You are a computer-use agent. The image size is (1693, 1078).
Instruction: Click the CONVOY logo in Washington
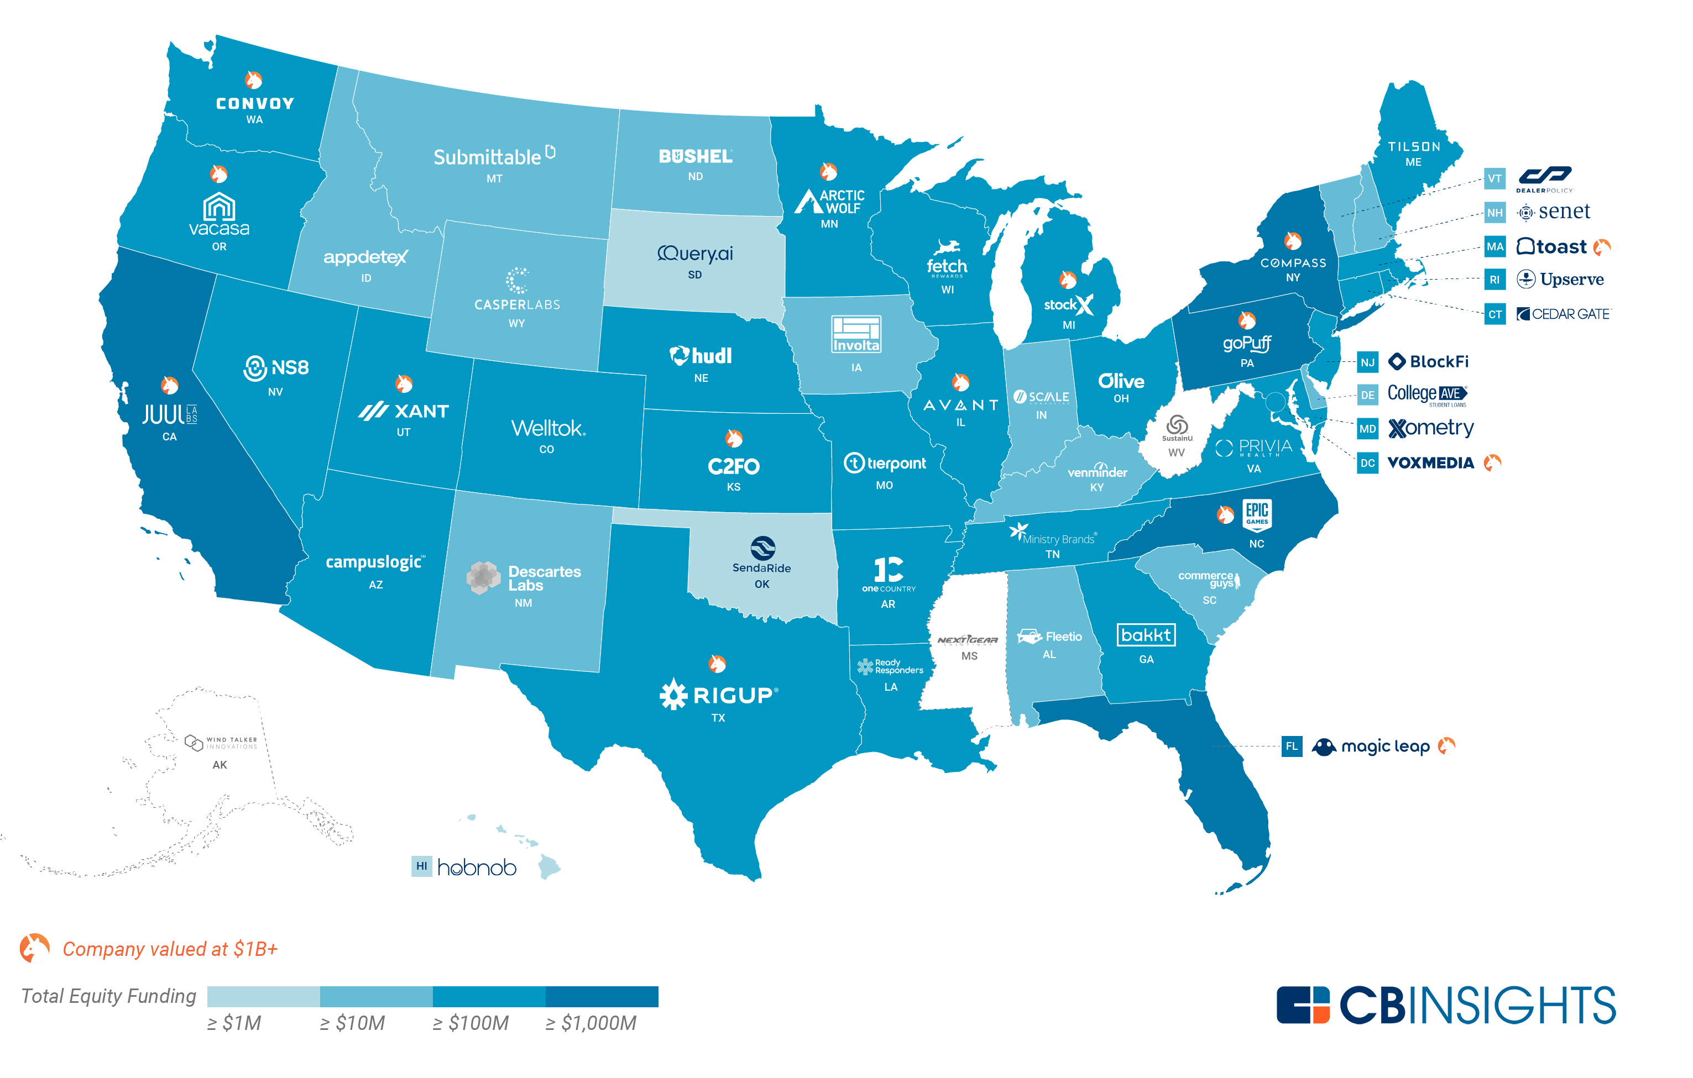click(x=254, y=103)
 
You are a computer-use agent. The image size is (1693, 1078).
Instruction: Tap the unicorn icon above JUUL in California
click(x=169, y=385)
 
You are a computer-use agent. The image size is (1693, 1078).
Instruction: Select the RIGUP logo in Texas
click(x=719, y=695)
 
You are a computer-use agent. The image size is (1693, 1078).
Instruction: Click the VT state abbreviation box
click(x=1494, y=178)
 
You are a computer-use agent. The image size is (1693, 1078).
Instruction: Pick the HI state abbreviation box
click(x=421, y=866)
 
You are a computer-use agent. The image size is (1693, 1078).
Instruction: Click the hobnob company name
click(x=477, y=868)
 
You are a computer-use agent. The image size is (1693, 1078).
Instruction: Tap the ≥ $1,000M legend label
click(x=591, y=1023)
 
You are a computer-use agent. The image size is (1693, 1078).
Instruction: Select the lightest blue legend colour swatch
click(x=264, y=996)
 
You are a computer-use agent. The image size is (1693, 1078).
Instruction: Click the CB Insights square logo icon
click(x=1303, y=1005)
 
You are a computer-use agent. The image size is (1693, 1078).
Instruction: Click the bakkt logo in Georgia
click(x=1146, y=635)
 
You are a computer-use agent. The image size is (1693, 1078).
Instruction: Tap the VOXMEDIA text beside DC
click(x=1430, y=463)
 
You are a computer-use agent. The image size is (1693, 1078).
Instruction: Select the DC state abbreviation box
click(x=1367, y=463)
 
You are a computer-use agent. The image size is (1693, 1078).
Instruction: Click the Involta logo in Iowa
click(x=856, y=334)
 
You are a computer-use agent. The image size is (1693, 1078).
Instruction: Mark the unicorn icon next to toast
click(x=1602, y=246)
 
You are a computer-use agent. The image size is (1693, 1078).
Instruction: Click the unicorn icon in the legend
click(x=34, y=948)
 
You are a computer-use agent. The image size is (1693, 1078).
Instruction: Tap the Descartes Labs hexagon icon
click(x=483, y=577)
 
